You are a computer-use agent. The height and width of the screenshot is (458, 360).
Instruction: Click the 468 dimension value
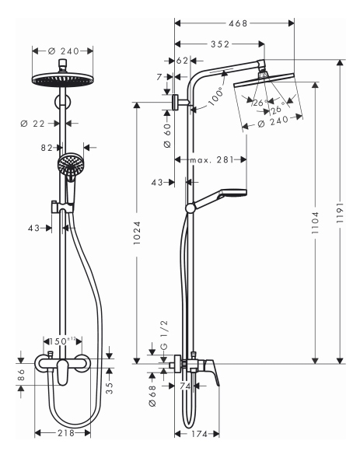(238, 23)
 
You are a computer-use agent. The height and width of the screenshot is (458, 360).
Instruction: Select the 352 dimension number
(220, 44)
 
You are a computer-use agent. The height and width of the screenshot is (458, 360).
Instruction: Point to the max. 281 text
(212, 159)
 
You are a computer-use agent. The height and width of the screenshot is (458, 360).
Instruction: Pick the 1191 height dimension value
(340, 213)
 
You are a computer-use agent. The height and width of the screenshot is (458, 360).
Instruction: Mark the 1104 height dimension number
(315, 222)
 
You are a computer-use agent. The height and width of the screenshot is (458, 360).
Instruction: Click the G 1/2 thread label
(164, 334)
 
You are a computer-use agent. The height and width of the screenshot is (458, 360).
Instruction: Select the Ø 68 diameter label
(152, 396)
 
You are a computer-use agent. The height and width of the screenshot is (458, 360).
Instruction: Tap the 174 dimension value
(199, 434)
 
